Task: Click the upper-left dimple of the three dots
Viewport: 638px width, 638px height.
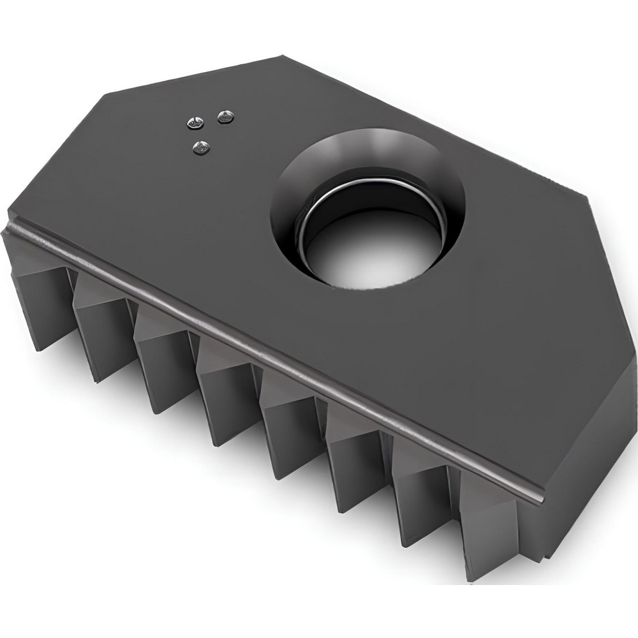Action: click(194, 121)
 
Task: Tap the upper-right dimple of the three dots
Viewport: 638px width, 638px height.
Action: click(225, 117)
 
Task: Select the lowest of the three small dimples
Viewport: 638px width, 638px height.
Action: click(202, 149)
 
